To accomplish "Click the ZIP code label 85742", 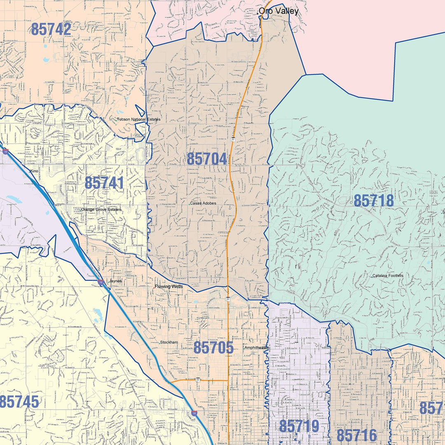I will coord(51,29).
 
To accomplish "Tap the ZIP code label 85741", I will coord(104,183).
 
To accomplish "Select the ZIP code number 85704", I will coord(207,159).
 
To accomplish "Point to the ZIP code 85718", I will coord(374,201).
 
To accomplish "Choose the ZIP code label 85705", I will coord(213,348).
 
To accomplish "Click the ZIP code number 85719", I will coord(299,426).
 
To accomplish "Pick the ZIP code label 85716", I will coord(357,436).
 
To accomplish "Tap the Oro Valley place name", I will coord(279,11).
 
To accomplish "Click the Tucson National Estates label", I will coord(139,119).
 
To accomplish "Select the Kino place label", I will coord(34,171).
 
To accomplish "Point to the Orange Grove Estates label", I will coord(101,209).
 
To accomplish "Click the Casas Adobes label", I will coord(203,203).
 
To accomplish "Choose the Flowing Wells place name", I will coord(168,286).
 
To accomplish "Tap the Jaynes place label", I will coord(115,281).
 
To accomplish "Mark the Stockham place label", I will coord(170,342).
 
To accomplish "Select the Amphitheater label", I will coord(256,348).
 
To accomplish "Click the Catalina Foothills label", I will coord(388,276).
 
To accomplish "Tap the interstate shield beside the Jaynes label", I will coord(101,282).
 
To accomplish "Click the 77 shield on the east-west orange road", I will coord(198,379).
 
